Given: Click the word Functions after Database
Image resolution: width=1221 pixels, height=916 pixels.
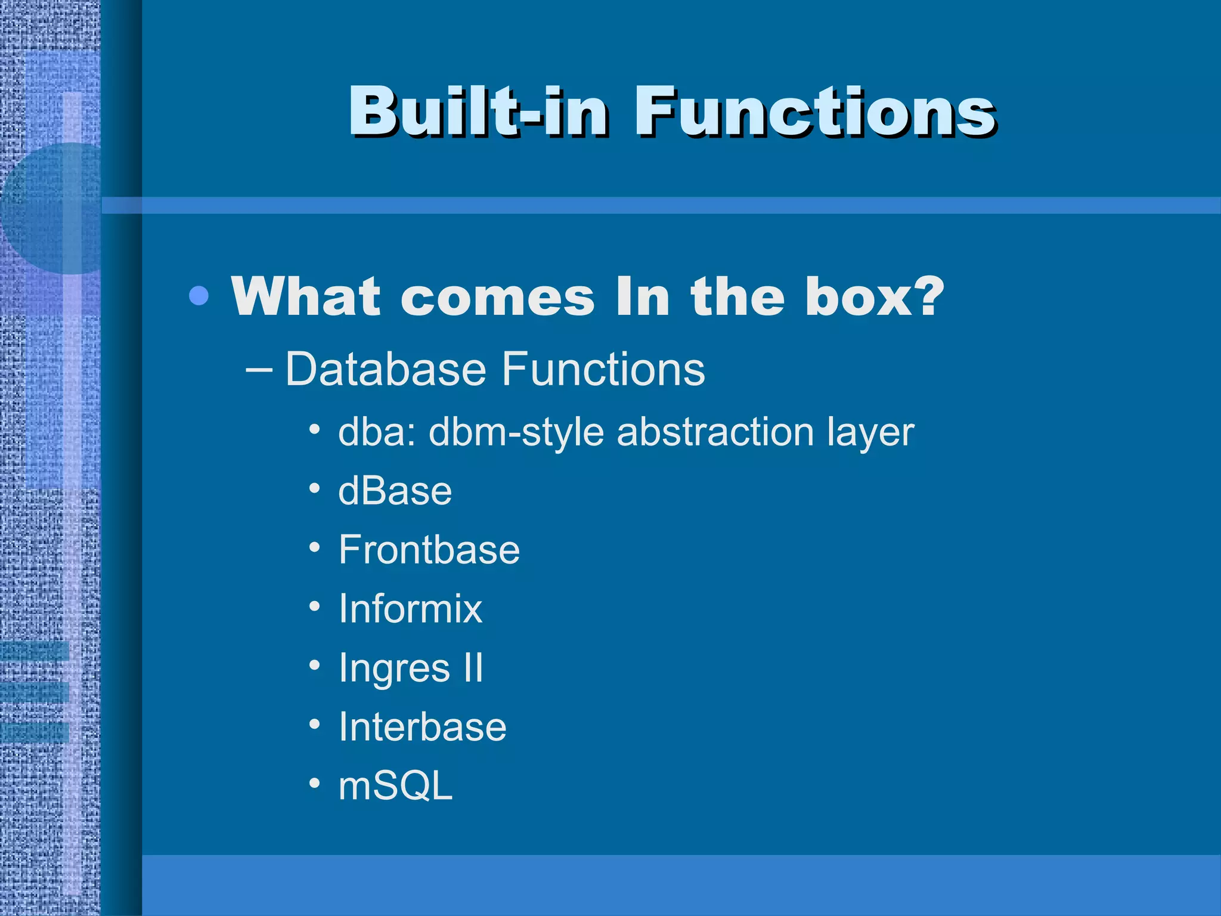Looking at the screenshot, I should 603,369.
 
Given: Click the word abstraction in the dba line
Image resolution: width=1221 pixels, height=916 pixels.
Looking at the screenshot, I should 715,432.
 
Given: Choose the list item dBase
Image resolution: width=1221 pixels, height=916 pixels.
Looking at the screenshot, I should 395,491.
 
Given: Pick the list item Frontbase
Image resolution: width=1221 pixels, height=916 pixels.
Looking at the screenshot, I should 429,550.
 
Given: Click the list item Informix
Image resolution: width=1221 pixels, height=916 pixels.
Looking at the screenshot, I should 410,609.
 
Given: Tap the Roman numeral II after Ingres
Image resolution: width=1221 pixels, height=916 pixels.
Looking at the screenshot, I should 473,668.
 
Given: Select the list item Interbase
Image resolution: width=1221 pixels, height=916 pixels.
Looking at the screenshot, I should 422,727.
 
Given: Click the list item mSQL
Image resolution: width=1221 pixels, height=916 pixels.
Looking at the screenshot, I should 395,786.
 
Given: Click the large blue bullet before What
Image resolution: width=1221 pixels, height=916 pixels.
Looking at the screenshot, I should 199,296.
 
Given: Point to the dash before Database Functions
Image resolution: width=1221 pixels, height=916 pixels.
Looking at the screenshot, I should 259,370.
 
